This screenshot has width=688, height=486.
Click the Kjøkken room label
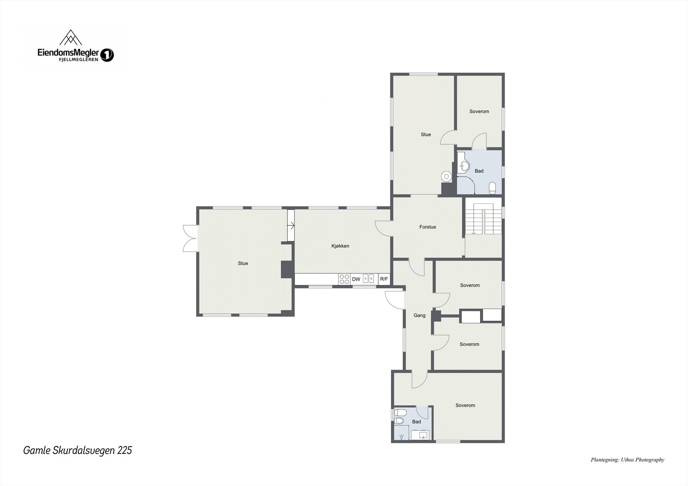coord(340,246)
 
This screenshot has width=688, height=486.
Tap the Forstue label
coord(427,227)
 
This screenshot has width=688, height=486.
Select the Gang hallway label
coord(419,315)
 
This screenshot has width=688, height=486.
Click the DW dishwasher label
coord(356,279)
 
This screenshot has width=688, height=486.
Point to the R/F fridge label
coord(384,279)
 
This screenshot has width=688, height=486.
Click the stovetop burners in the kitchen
coord(344,279)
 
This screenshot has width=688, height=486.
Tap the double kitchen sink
coord(369,279)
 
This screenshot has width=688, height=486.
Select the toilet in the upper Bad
coord(492,187)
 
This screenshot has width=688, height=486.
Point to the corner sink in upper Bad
coord(463,164)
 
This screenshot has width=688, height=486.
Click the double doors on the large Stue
coord(190,238)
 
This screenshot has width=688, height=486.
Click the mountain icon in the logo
coord(71,38)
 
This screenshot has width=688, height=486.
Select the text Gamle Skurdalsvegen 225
coord(77,450)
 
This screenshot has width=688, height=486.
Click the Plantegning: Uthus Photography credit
coord(627,460)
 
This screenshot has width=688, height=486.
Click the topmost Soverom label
coord(479,112)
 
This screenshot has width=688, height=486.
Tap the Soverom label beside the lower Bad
coord(465,405)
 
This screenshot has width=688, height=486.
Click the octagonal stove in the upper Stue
coord(447,176)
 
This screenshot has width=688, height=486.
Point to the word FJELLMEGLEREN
coord(78,59)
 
